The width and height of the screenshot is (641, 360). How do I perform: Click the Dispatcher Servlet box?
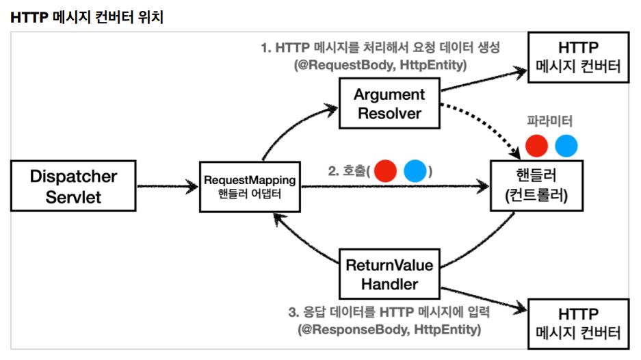click(73, 185)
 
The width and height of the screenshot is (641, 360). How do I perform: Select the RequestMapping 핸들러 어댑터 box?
click(250, 187)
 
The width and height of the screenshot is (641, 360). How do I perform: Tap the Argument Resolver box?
click(389, 103)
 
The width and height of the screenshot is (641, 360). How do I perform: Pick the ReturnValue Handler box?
click(389, 274)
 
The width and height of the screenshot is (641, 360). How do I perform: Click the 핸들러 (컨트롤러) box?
click(536, 185)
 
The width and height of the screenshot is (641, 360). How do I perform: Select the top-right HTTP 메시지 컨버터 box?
click(578, 57)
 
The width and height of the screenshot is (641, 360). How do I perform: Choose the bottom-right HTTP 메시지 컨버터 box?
click(578, 324)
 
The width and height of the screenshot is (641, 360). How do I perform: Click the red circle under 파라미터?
click(536, 146)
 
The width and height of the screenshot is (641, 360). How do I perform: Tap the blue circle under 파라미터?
click(566, 146)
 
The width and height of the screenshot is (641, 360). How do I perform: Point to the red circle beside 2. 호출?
click(385, 170)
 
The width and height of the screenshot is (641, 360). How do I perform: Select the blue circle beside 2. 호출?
click(415, 170)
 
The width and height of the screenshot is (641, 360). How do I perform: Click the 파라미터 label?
click(549, 120)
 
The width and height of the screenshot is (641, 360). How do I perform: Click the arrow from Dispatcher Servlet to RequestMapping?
click(168, 187)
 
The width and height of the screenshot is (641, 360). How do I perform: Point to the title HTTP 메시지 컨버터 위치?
click(87, 17)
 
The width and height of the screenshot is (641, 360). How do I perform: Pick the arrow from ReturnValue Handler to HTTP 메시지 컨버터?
click(484, 299)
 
